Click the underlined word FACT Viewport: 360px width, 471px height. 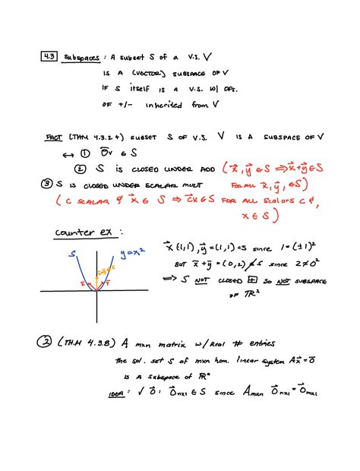point(52,140)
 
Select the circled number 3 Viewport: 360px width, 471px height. point(49,185)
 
